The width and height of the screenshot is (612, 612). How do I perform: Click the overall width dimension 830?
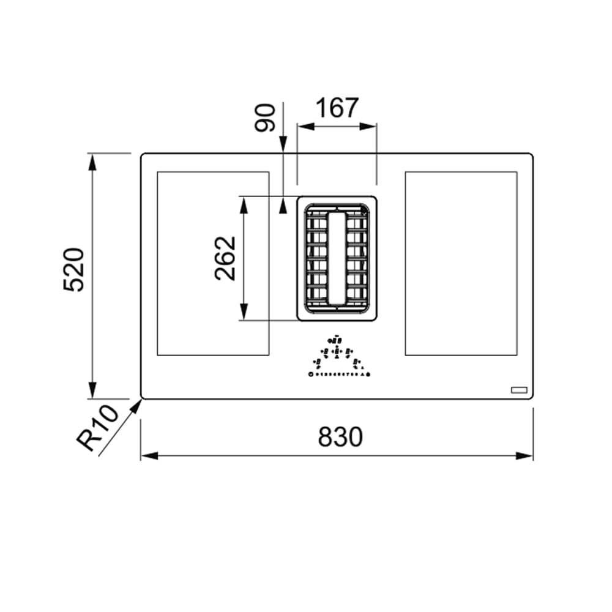(x=340, y=437)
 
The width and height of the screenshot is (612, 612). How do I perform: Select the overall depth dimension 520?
(x=73, y=270)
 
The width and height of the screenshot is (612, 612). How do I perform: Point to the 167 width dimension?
(x=337, y=108)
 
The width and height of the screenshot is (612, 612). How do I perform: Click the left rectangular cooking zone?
(x=212, y=263)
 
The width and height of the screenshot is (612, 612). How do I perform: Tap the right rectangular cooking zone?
(x=461, y=263)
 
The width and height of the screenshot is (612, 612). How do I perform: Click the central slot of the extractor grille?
(x=337, y=257)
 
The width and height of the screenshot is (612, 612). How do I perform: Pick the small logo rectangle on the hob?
(x=519, y=389)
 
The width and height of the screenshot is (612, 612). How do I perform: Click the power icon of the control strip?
(x=312, y=374)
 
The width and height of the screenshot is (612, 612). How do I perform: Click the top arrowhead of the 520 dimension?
(x=92, y=160)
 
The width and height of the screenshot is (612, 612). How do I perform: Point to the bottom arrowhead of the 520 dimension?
(x=92, y=391)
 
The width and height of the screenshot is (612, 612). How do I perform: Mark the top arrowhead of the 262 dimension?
(x=244, y=204)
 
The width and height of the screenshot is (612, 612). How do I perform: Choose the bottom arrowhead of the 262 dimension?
(x=244, y=313)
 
